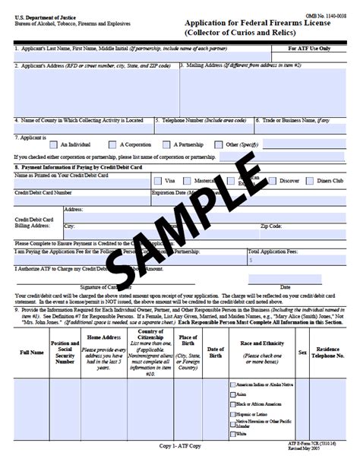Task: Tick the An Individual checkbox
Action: [53, 144]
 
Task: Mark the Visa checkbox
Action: [157, 181]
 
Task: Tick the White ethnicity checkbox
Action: [232, 434]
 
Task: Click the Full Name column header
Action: [31, 353]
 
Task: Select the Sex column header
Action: [302, 353]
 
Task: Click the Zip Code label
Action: [271, 226]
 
